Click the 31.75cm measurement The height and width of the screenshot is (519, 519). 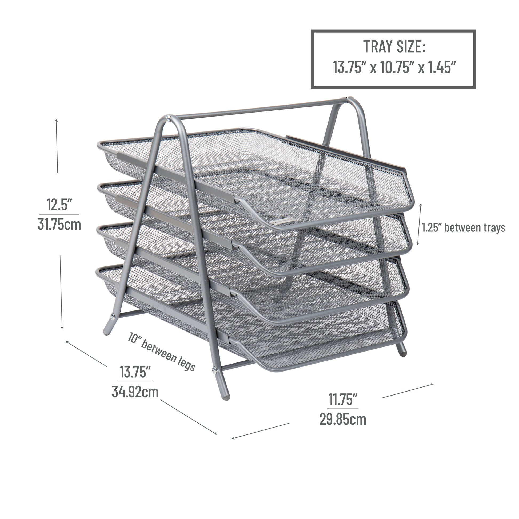click(59, 225)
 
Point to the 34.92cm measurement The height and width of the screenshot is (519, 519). click(135, 392)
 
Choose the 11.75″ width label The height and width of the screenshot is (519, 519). click(343, 399)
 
